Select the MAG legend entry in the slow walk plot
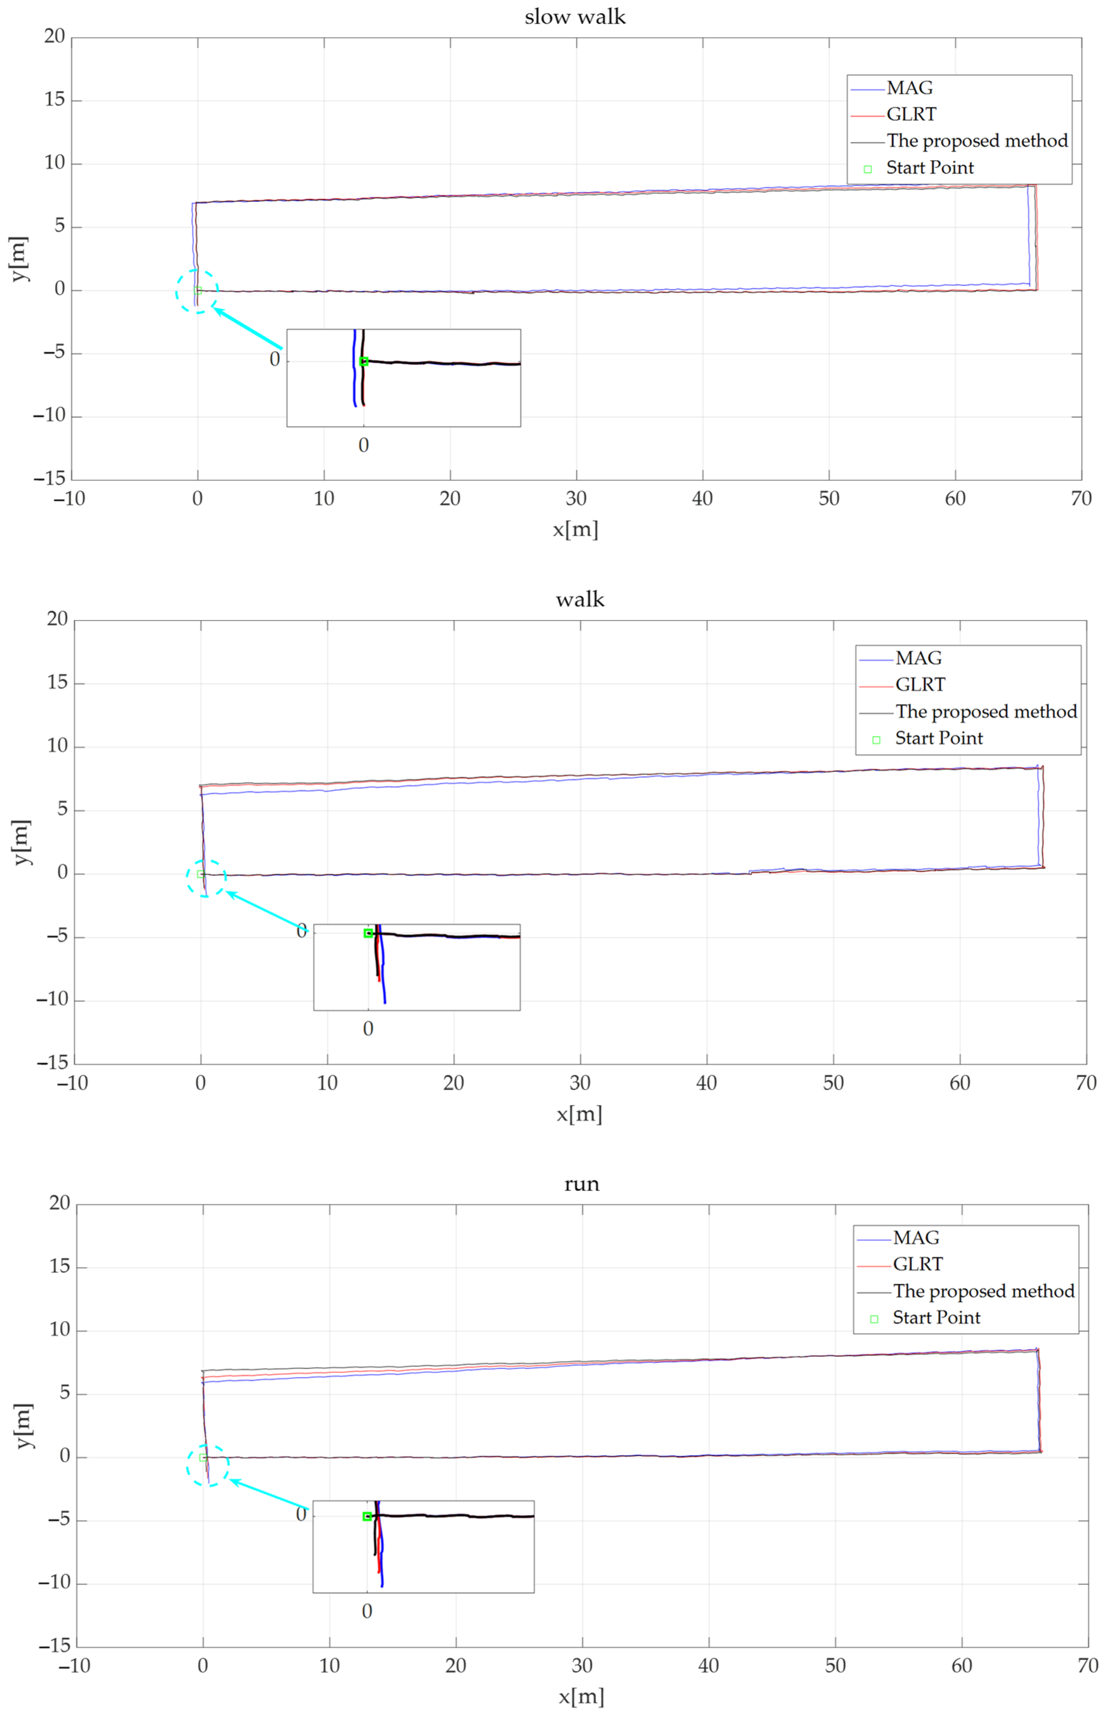[x=909, y=88]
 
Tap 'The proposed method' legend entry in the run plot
[x=983, y=1291]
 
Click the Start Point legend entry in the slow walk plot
[x=929, y=168]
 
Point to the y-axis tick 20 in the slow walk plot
[x=55, y=37]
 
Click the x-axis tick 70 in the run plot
[x=1087, y=1665]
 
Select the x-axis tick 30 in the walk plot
[x=580, y=1083]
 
